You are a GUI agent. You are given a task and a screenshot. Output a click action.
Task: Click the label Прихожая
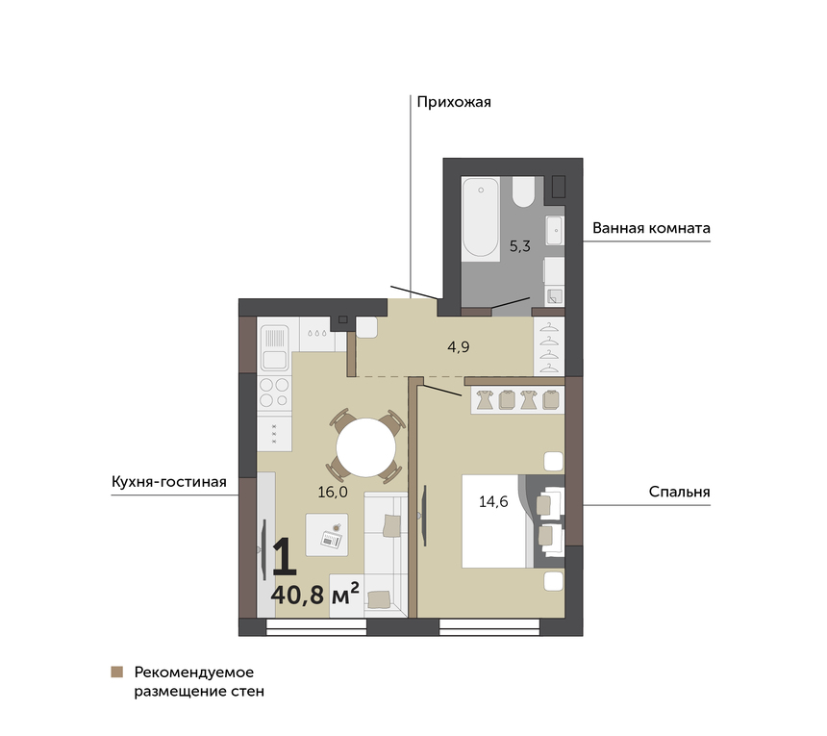click(x=454, y=102)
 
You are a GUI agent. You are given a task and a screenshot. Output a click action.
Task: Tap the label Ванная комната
click(x=651, y=228)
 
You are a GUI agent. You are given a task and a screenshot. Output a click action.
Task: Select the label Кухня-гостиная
click(x=169, y=482)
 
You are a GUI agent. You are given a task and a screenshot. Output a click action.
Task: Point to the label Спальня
click(x=679, y=492)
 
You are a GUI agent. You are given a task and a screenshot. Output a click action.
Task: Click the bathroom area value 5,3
click(x=519, y=246)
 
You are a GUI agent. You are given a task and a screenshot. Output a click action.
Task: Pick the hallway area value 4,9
click(x=459, y=346)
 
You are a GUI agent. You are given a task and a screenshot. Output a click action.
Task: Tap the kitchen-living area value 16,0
click(x=333, y=493)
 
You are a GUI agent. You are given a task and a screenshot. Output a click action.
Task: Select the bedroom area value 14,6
click(x=493, y=501)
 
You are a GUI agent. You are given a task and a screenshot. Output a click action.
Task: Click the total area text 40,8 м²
click(x=314, y=594)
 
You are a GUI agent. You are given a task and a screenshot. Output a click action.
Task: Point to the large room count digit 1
click(x=285, y=556)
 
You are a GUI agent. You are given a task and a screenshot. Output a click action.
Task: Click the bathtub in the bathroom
click(x=481, y=218)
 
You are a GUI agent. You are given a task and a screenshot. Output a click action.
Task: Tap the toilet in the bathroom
click(x=524, y=191)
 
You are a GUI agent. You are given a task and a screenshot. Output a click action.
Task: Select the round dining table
click(x=366, y=447)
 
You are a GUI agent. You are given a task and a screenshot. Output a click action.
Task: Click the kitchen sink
click(x=275, y=346)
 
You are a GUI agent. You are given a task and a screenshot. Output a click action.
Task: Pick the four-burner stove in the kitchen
click(x=274, y=393)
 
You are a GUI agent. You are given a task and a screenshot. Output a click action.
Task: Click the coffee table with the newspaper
click(x=327, y=535)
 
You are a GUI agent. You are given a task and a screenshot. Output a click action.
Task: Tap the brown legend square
click(x=117, y=672)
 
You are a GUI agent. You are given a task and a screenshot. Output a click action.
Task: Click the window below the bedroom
click(x=489, y=626)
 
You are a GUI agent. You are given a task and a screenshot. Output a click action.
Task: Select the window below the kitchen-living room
click(x=316, y=626)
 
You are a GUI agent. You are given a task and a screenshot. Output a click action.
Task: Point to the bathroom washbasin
click(x=554, y=230)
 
